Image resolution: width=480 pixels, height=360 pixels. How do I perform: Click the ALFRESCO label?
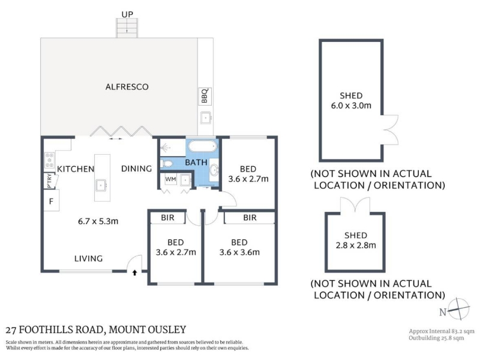click(127, 87)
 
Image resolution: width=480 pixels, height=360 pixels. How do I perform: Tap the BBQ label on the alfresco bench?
click(205, 96)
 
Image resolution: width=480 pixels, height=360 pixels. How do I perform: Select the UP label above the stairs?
click(127, 14)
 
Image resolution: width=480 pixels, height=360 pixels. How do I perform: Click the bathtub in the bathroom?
click(203, 146)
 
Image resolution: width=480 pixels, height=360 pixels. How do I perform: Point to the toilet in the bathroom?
click(167, 163)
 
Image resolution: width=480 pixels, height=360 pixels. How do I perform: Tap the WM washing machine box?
click(170, 179)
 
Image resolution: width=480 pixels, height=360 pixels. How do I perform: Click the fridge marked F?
click(51, 201)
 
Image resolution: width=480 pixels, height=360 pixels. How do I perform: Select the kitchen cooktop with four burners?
click(49, 160)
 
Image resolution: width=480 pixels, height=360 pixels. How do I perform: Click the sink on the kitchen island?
click(101, 185)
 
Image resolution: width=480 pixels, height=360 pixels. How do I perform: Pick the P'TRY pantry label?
click(49, 181)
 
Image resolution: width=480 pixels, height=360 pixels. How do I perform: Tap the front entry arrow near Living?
click(134, 272)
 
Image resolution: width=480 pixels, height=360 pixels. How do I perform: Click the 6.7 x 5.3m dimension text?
click(98, 221)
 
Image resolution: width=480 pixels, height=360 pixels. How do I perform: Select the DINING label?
click(137, 169)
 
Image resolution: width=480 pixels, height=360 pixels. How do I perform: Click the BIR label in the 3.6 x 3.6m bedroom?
click(250, 218)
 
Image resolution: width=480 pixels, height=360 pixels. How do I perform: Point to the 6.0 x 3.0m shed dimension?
click(351, 106)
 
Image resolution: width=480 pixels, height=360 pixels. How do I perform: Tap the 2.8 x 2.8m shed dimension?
click(356, 245)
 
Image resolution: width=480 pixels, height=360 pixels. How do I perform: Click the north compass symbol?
click(458, 309)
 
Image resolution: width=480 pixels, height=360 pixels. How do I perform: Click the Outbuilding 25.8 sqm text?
click(436, 338)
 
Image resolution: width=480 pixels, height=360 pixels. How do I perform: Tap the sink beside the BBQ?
click(206, 118)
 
